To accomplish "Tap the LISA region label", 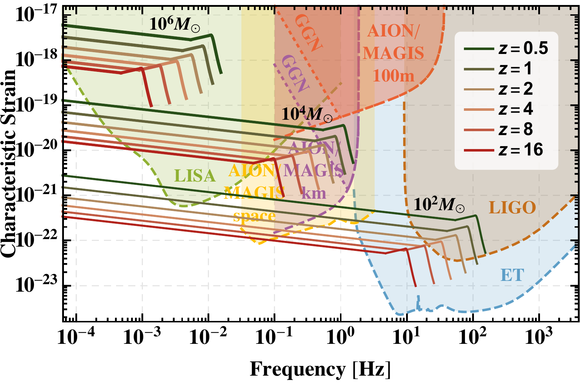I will (x=195, y=176).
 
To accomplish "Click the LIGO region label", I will (x=512, y=208).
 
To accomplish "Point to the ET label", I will (x=512, y=275).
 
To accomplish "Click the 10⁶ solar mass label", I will (x=175, y=24).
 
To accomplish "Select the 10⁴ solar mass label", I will (x=307, y=114).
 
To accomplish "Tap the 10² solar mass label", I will (x=439, y=205).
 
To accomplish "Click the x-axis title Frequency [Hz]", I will (x=320, y=369).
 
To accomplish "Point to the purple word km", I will (x=314, y=193).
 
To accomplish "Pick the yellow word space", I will (x=254, y=216).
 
